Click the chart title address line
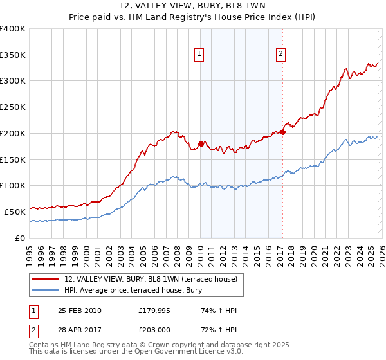(x=192, y=6)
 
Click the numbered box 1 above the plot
(x=200, y=55)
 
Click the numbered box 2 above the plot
(x=282, y=55)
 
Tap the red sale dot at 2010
(x=201, y=143)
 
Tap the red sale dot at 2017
(x=282, y=131)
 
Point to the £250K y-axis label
(x=13, y=107)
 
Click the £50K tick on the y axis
(x=15, y=212)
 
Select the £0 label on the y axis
(x=20, y=238)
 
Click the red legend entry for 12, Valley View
(x=151, y=279)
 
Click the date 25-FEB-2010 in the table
(x=78, y=310)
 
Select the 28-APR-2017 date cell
(x=78, y=329)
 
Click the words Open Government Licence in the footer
(x=181, y=352)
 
